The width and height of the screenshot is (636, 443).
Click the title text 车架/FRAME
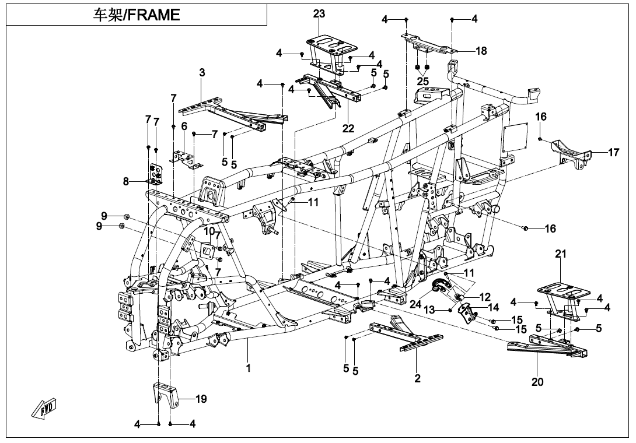coord(137,15)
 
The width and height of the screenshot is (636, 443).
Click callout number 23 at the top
coord(319,14)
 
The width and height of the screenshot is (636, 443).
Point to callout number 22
coord(348,129)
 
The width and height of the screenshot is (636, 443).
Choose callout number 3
coord(202,73)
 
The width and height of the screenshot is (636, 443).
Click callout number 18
coord(481,51)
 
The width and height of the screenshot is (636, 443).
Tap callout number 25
coord(423,80)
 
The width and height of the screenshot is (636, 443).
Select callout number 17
coord(613,153)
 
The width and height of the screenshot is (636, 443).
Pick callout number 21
coord(561,254)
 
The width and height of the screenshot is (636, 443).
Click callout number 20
coord(537,382)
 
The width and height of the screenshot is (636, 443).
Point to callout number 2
coord(417,378)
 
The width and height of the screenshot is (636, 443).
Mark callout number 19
coord(201,399)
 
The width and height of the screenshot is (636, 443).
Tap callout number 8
coord(126,181)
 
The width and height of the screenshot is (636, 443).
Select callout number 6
coord(184,126)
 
